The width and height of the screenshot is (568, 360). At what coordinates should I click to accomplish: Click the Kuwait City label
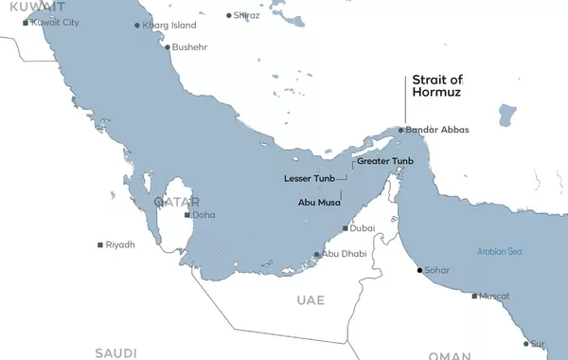tap(55, 22)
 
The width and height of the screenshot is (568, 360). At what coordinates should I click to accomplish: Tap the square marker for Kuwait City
tap(26, 22)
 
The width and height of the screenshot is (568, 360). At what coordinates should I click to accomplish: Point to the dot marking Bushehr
tap(168, 46)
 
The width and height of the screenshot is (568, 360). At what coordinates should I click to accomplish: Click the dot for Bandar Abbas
tap(401, 130)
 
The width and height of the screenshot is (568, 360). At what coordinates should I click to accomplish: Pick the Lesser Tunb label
tap(309, 177)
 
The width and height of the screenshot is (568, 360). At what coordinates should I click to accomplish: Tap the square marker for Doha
tap(186, 214)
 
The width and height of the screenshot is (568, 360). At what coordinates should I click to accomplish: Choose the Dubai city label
tap(363, 228)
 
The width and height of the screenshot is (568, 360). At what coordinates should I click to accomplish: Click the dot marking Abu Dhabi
tap(316, 254)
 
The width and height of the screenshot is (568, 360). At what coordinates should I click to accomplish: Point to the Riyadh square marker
tap(100, 244)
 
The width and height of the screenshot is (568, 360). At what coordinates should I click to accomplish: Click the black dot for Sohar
tap(419, 270)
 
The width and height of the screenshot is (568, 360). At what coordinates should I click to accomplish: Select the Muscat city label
tap(495, 296)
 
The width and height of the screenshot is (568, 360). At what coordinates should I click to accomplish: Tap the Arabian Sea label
tap(498, 252)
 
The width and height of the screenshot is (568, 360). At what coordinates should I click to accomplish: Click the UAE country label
tap(310, 300)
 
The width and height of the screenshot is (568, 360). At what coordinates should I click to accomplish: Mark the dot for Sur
tap(526, 343)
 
